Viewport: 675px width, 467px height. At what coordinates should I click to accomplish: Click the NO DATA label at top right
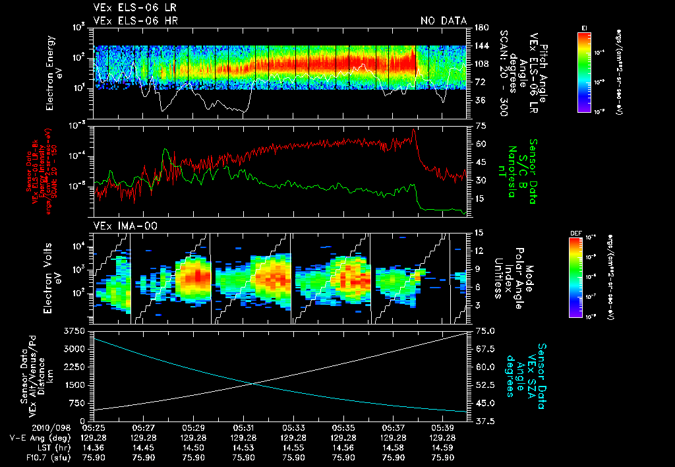point(443,21)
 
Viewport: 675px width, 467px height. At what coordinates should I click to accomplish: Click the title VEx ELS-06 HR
point(135,21)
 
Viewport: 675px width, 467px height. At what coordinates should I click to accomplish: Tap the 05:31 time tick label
point(243,427)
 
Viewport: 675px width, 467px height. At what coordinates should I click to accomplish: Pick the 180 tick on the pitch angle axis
point(481,27)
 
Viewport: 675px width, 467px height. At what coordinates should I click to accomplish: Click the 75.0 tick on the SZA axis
point(486,330)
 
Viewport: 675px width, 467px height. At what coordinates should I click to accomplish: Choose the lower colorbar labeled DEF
point(575,277)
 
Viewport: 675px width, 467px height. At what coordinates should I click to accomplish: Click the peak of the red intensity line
point(413,130)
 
